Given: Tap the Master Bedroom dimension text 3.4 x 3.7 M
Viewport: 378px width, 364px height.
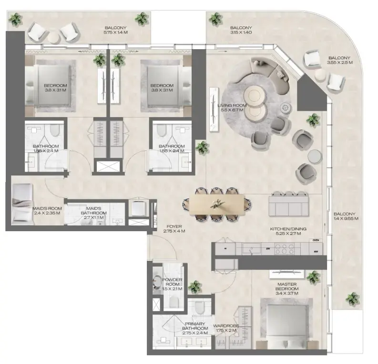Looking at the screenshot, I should pyautogui.click(x=287, y=293).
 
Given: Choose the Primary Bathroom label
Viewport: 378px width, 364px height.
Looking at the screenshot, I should pyautogui.click(x=196, y=326).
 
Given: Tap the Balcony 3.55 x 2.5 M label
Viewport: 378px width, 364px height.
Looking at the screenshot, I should pyautogui.click(x=339, y=60).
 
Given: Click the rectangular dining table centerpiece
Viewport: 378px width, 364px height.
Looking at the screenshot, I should pyautogui.click(x=217, y=203).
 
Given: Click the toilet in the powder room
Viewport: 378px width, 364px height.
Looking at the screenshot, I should pyautogui.click(x=174, y=301).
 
